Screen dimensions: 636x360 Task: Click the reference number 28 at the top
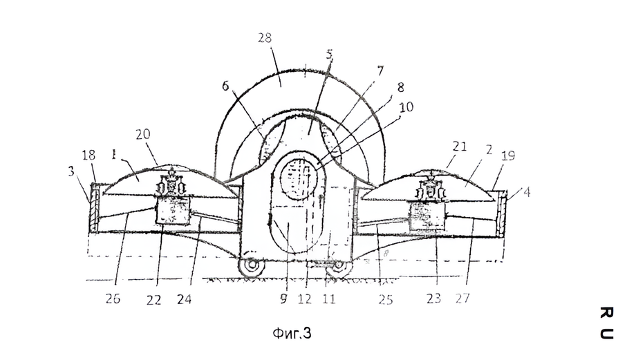coord(265,38)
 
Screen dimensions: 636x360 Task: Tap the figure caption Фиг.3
coord(292,333)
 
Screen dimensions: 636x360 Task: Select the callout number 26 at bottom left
coord(113,299)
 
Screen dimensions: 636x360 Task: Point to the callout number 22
coord(153,300)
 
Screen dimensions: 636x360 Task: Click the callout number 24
coord(184,299)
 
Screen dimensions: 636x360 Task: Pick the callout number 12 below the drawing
coord(305,299)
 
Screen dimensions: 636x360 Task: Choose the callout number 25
coord(386,299)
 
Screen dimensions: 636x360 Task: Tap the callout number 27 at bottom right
coord(462,298)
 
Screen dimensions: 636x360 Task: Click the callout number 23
coord(433,299)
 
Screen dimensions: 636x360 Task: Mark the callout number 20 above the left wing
coord(143,134)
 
